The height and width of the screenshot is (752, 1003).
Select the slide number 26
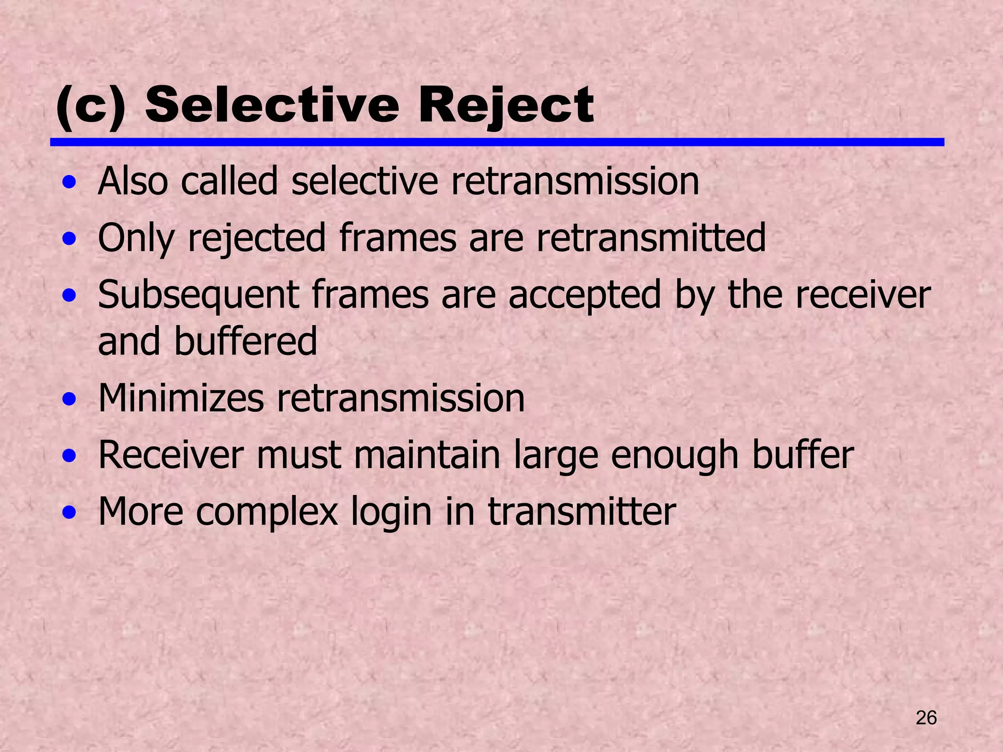pyautogui.click(x=926, y=718)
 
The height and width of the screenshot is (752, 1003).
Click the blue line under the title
pyautogui.click(x=497, y=142)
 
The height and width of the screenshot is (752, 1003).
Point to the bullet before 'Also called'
pyautogui.click(x=70, y=183)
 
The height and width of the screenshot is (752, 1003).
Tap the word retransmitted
pyautogui.click(x=651, y=237)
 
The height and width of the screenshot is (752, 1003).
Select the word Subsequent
pyautogui.click(x=199, y=295)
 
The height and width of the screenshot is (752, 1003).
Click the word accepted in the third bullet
pyautogui.click(x=585, y=295)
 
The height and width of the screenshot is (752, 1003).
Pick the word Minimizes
pyautogui.click(x=181, y=398)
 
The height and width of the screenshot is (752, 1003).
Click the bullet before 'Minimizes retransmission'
pyautogui.click(x=70, y=399)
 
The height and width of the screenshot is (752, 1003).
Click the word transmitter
pyautogui.click(x=582, y=512)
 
